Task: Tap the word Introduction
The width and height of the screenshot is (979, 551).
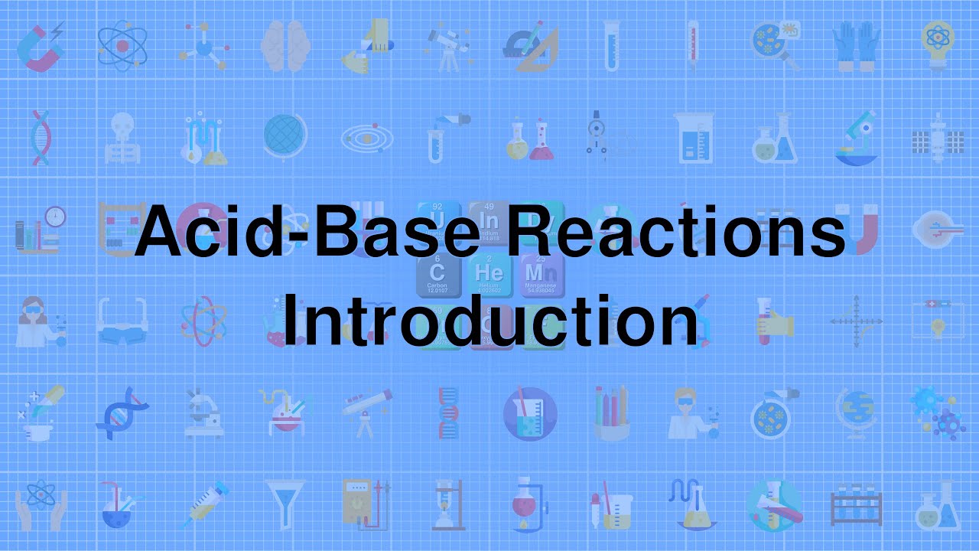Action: click(489, 320)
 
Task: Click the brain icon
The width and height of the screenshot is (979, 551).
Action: click(285, 46)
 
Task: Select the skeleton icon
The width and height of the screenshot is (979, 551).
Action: click(122, 138)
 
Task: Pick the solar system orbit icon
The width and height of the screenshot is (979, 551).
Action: click(367, 138)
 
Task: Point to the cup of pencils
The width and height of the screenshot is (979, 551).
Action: click(612, 413)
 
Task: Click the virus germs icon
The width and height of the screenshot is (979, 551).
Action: click(939, 413)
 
